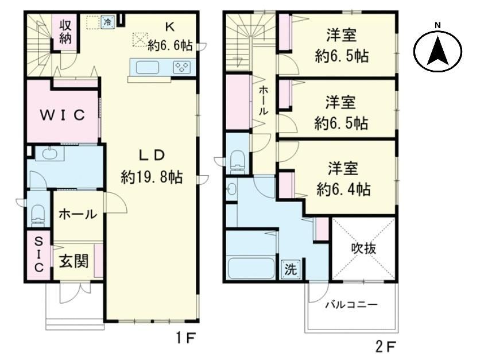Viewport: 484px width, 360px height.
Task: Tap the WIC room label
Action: (x=63, y=115)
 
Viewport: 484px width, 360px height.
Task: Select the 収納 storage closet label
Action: (x=65, y=32)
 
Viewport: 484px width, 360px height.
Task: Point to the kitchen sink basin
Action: (x=147, y=67)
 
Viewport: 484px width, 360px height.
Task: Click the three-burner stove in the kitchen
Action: (x=182, y=67)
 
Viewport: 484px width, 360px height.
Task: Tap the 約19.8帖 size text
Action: (x=152, y=177)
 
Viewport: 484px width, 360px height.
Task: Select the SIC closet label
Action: (x=38, y=254)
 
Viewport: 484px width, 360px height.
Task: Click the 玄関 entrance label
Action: (x=73, y=261)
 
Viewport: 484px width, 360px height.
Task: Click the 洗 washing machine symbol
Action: (x=291, y=269)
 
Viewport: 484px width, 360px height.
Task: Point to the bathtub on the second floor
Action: (x=251, y=268)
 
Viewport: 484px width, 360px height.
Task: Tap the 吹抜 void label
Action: (x=364, y=248)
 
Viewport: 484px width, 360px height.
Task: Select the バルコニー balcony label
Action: (x=351, y=305)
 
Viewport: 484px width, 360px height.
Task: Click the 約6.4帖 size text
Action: (x=343, y=189)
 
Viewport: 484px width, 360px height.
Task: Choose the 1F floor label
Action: (x=185, y=339)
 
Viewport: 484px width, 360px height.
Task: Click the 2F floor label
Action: (x=385, y=347)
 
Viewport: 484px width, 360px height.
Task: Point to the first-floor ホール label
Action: (x=78, y=214)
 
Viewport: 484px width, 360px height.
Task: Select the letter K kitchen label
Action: (x=169, y=28)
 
